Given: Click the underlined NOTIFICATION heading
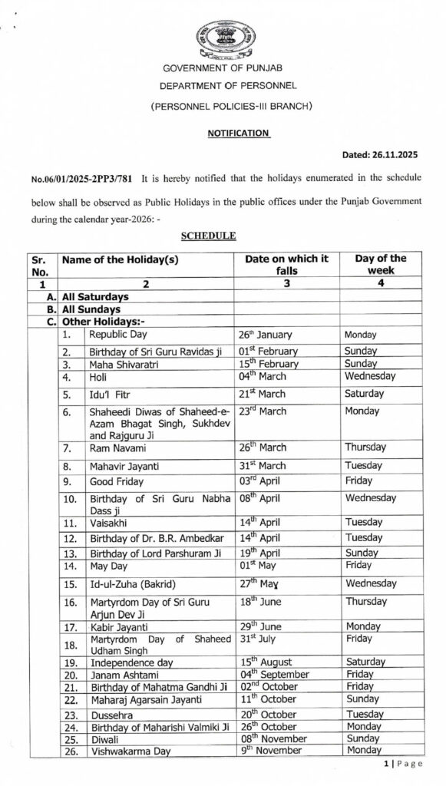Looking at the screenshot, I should click(x=238, y=132).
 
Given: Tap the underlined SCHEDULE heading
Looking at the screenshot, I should click(x=207, y=235).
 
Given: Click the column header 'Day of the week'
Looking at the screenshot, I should click(x=381, y=265).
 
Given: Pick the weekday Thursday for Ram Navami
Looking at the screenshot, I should click(x=366, y=447).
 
